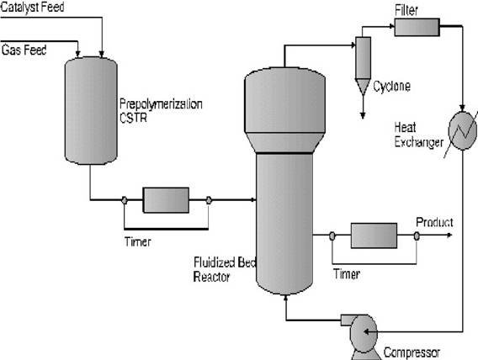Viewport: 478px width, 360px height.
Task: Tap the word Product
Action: (434, 222)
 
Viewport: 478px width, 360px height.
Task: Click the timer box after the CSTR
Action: (166, 200)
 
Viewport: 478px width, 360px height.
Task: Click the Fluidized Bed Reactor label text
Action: (224, 270)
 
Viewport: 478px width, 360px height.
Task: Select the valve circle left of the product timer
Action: (332, 236)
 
